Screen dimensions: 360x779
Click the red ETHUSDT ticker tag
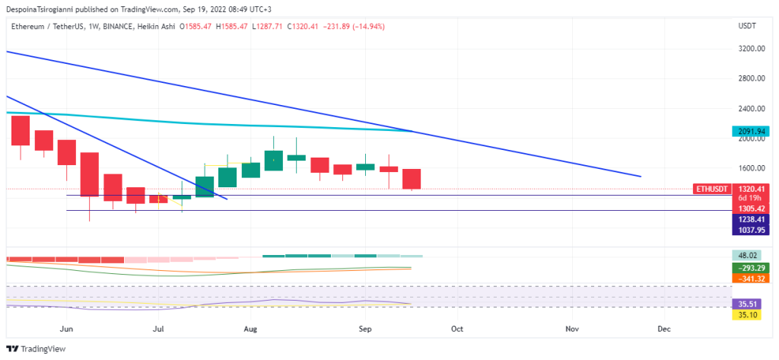point(711,189)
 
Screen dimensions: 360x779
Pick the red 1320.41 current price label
point(749,189)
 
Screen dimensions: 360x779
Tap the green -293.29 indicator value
point(749,268)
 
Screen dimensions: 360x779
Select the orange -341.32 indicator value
point(749,279)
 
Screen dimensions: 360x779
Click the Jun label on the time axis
point(67,329)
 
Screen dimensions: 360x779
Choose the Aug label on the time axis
point(252,329)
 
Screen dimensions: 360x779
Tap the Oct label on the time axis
point(456,329)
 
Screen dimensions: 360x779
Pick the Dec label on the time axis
point(663,329)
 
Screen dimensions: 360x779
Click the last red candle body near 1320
point(412,179)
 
